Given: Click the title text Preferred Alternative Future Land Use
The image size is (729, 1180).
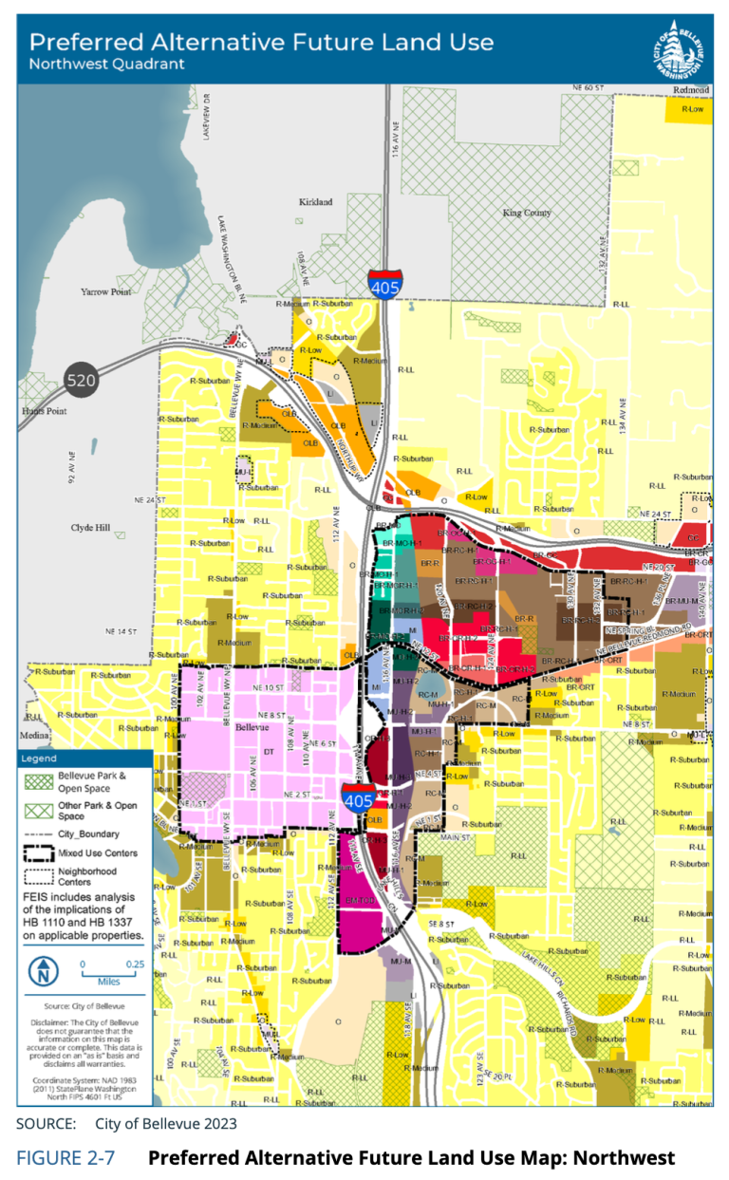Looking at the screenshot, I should (262, 42).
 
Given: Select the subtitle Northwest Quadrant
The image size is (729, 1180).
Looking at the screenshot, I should (107, 65).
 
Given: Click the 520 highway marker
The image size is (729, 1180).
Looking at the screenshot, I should (82, 382).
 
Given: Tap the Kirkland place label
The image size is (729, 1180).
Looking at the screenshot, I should (316, 202).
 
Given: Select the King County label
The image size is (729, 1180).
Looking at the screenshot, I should (527, 213).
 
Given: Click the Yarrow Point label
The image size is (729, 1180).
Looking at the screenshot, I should (105, 292).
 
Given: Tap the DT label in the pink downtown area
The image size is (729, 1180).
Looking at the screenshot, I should (268, 752).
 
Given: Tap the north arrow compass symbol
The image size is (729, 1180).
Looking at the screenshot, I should (45, 971).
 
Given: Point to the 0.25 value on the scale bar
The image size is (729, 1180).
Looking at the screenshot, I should (134, 963).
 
